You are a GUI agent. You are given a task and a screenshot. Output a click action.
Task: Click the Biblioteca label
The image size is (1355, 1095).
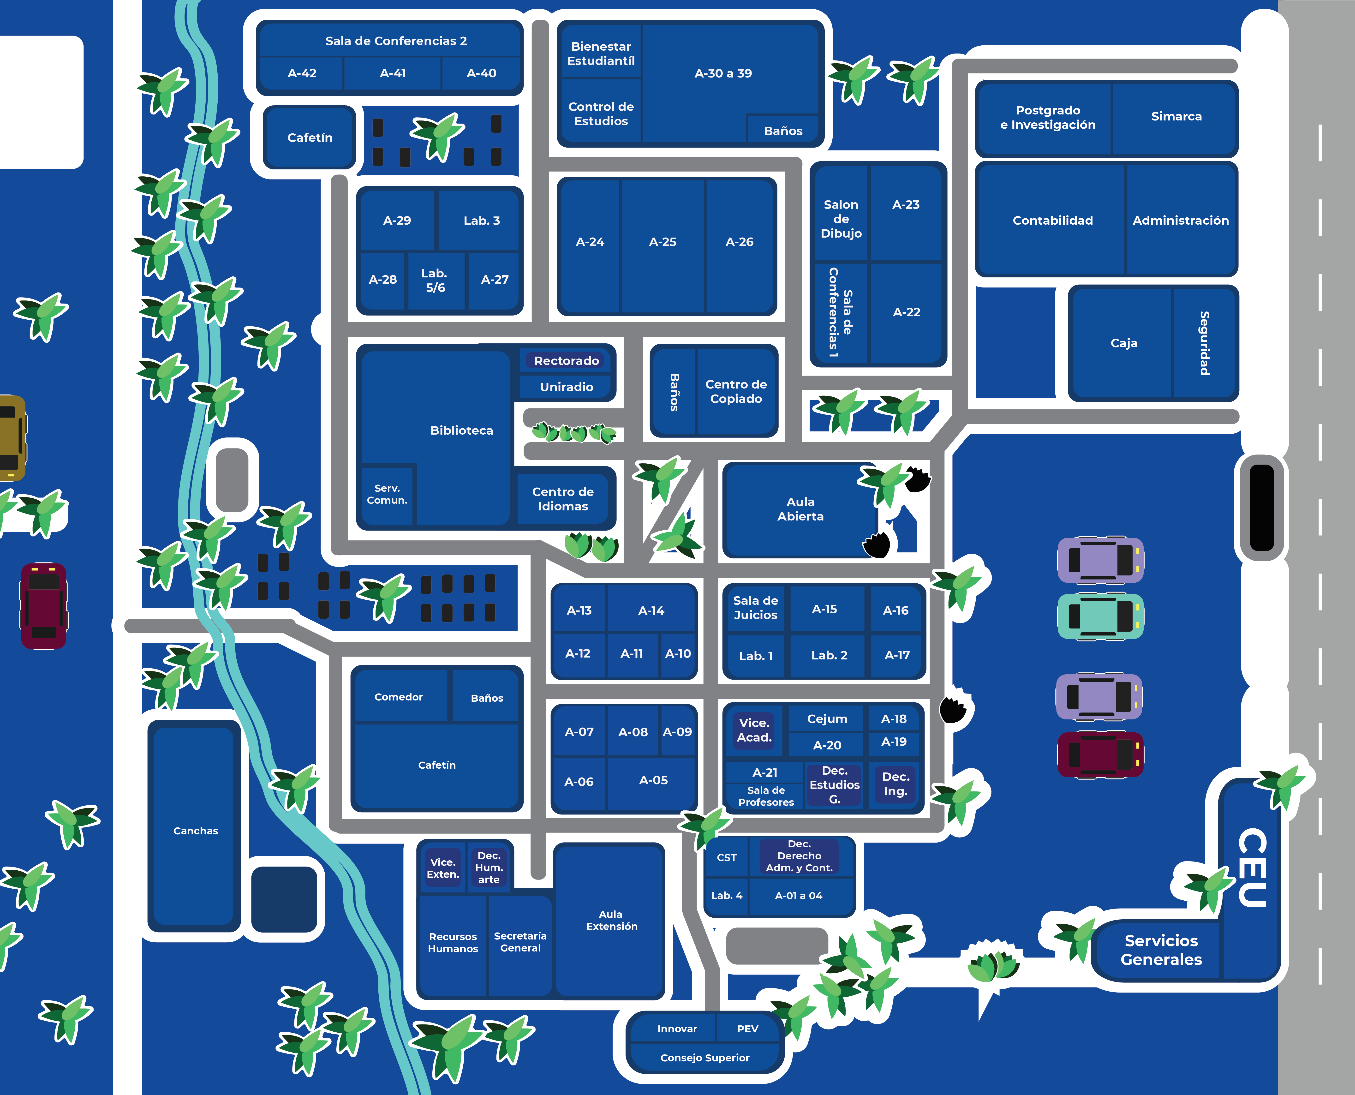[x=462, y=430]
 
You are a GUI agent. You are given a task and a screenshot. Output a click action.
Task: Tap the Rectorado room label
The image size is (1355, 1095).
[x=566, y=361]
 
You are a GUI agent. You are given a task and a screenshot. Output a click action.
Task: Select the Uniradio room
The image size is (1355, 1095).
[x=566, y=387]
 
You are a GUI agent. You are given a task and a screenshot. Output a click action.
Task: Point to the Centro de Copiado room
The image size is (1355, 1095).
[x=736, y=391]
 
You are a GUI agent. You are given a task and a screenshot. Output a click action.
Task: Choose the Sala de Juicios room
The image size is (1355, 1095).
[x=755, y=607]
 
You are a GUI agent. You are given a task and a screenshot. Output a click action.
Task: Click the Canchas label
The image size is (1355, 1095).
[x=196, y=831]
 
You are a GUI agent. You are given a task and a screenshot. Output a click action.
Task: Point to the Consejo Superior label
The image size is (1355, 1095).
[x=705, y=1058]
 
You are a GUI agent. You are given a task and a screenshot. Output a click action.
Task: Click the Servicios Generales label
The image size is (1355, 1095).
[x=1161, y=950]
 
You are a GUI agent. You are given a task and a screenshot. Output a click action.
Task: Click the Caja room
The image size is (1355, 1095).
[x=1124, y=343]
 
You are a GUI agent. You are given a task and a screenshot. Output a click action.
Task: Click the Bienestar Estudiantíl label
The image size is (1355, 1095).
[x=601, y=54]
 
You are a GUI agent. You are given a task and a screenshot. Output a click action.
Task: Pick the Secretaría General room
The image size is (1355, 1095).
[x=520, y=942]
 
